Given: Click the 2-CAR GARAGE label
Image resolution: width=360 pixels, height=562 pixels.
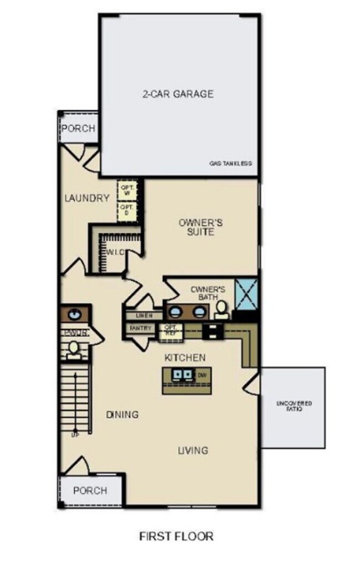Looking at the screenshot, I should [177, 94].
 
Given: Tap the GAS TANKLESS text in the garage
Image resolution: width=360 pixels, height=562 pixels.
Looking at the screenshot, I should [230, 164].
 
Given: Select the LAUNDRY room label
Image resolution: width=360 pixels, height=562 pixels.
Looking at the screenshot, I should [86, 198].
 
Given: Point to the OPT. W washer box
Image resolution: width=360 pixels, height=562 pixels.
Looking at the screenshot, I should [126, 190].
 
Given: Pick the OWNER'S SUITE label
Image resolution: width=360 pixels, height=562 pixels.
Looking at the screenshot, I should [200, 227].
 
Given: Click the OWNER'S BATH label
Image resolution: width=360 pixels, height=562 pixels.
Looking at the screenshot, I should [208, 293].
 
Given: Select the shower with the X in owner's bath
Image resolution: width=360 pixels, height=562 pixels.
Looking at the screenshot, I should [245, 293].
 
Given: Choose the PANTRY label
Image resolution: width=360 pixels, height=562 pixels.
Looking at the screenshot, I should [141, 328].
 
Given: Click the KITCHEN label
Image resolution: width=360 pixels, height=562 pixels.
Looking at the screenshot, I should [185, 357].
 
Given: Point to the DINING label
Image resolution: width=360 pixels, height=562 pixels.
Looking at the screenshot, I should [122, 414].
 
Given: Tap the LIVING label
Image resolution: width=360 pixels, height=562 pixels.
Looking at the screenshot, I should [193, 450].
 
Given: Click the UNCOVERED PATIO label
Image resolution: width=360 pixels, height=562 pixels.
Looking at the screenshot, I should [294, 407].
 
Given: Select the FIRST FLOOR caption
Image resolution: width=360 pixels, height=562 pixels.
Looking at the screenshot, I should [176, 536].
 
